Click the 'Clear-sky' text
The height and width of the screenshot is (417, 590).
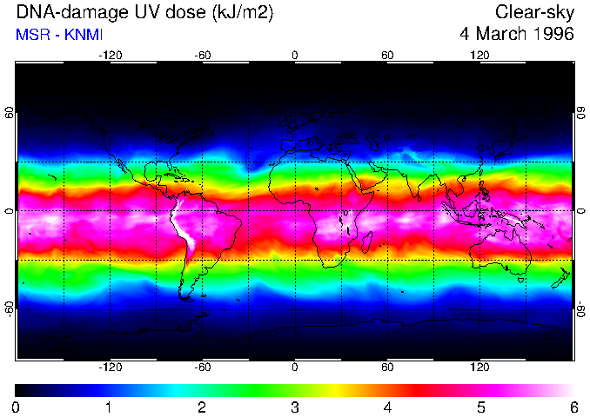pos(534,12)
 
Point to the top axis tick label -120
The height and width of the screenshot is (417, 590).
pos(110,56)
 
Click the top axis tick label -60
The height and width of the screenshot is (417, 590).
pos(202,56)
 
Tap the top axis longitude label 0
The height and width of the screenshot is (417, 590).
pos(295,56)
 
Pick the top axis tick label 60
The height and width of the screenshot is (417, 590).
pos(387,56)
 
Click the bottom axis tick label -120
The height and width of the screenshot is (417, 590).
pos(110,367)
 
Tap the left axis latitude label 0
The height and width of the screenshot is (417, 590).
pos(10,211)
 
